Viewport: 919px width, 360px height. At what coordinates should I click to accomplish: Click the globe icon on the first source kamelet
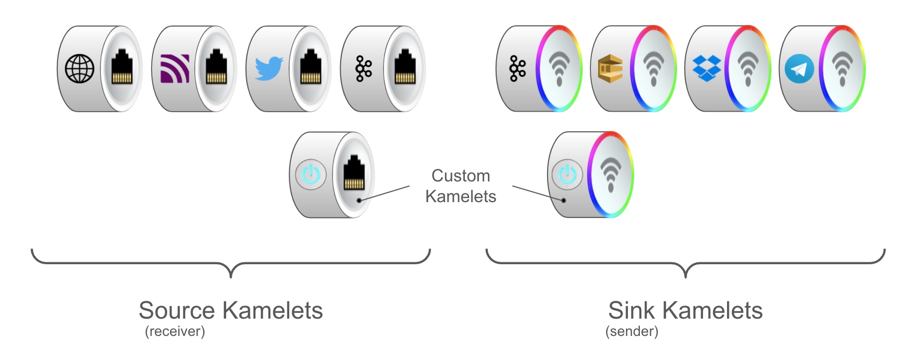79,69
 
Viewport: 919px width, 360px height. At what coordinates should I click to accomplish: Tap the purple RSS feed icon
174,69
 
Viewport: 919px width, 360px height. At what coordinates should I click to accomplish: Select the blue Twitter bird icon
268,69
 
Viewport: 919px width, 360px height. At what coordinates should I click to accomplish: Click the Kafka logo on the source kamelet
363,69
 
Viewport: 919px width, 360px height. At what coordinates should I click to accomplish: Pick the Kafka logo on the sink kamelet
517,69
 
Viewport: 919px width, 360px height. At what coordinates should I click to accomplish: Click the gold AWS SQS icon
610,69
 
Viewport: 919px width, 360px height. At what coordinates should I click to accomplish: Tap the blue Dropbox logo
706,68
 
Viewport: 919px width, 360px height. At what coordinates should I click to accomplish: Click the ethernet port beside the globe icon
122,69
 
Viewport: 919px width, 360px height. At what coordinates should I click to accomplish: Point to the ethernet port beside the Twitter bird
311,69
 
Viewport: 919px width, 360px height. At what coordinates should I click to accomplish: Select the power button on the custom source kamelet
311,174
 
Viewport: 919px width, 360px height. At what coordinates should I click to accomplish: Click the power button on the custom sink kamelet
567,174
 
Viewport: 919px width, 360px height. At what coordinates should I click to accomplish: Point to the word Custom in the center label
460,176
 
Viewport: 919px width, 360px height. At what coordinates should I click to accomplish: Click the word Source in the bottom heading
177,310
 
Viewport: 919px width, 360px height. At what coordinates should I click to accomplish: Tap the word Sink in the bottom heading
631,310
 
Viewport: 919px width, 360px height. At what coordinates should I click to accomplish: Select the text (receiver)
175,332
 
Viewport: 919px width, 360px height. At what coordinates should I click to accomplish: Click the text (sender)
631,332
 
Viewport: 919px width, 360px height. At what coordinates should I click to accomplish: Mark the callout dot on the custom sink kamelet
563,200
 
